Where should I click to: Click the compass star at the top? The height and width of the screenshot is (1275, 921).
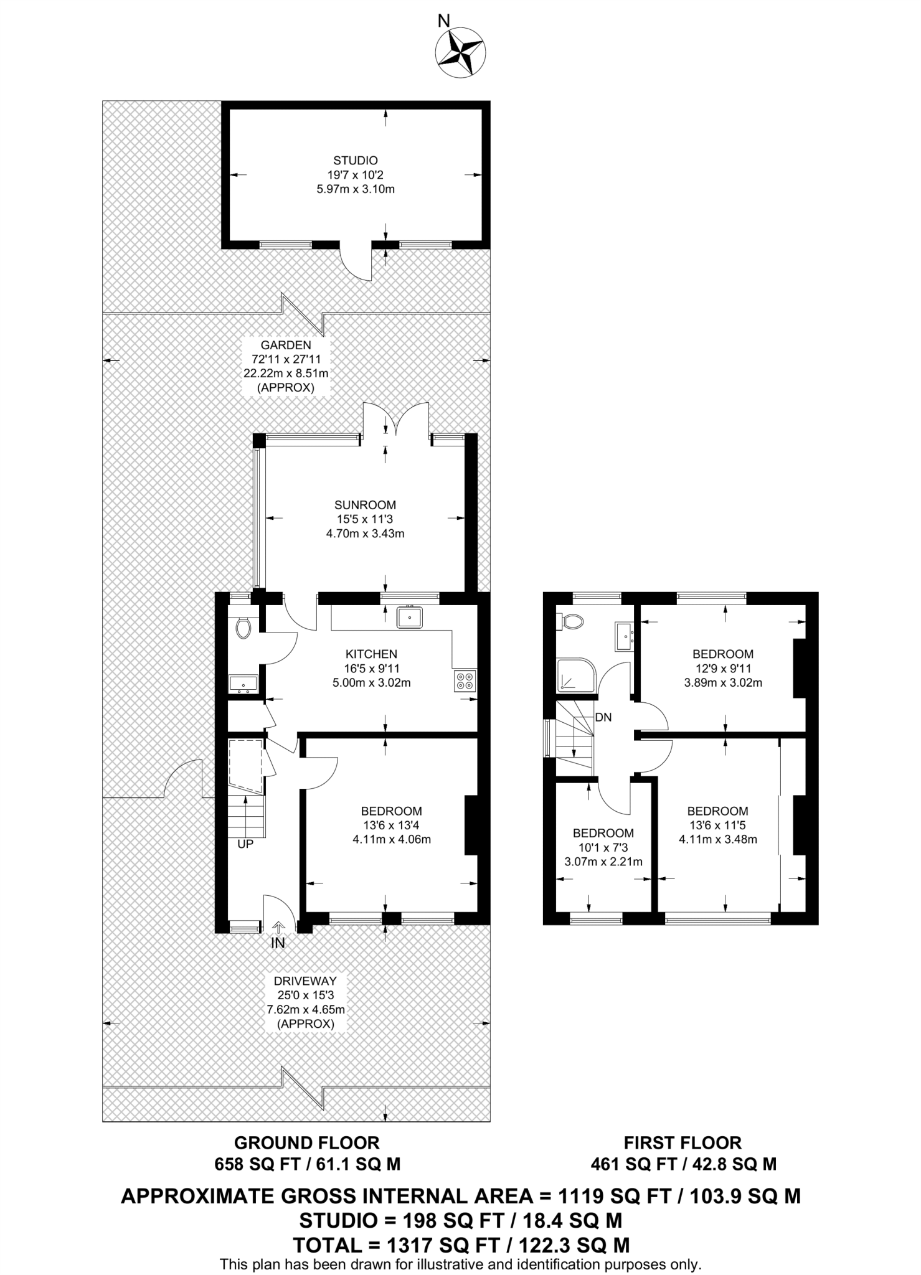coord(460,54)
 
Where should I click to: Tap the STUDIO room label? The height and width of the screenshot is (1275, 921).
coord(355,161)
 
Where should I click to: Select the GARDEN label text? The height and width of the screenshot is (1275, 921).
coord(285,345)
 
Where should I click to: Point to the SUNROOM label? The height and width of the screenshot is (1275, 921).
coord(365,505)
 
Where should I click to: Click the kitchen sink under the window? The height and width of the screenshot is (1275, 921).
coord(410,618)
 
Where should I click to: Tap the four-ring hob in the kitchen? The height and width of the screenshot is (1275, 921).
coord(465,680)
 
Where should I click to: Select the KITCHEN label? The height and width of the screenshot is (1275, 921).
coord(371,654)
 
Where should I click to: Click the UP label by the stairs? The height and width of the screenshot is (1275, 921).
coord(245,844)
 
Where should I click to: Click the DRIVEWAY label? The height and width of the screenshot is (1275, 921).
coord(306,981)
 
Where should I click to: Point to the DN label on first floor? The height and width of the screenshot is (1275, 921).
coord(603,717)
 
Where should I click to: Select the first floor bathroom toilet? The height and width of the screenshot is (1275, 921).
coord(571,621)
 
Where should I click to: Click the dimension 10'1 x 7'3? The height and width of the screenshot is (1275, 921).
coord(603,847)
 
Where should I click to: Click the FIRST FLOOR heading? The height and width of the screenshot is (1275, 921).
coord(682,1143)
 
